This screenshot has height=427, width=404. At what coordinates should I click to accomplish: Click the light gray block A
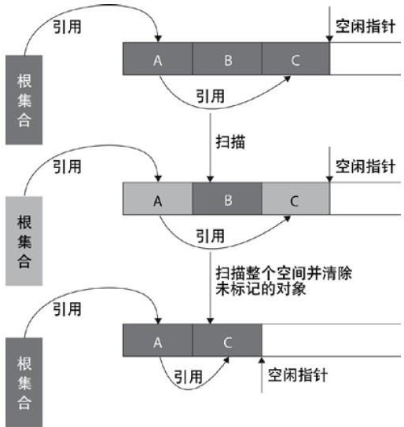coord(158,199)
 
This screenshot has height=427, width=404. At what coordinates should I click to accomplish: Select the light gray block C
coord(296,199)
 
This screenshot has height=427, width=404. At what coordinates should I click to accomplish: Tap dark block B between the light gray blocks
coord(227,199)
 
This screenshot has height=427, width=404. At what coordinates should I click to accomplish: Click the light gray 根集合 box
coord(24,241)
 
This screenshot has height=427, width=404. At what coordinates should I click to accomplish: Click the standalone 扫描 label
coord(230,142)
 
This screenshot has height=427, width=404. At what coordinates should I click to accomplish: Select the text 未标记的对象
coord(261,289)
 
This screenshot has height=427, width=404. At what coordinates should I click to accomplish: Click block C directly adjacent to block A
coord(227,340)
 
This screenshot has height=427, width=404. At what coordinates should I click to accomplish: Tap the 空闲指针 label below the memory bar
coord(298,375)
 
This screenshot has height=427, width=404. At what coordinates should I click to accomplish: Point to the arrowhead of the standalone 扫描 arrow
coord(210,179)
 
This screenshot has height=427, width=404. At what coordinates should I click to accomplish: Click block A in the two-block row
coord(158,340)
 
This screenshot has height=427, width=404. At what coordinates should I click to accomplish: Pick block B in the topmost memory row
coord(227,59)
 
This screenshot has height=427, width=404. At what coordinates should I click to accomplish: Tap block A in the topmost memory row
coord(158,59)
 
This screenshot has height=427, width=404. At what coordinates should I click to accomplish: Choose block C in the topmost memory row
coord(296,59)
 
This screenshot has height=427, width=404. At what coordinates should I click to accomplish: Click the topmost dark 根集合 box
coord(24,100)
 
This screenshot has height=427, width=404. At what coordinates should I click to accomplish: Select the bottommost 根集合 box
coord(24,382)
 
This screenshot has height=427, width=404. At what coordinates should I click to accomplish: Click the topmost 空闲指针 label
coord(365,27)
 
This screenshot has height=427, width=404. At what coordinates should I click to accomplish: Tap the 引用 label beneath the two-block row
coord(188,377)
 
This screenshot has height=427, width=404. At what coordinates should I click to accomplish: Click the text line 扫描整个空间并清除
coord(284,273)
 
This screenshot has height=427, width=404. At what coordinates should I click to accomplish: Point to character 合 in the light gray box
coord(24,261)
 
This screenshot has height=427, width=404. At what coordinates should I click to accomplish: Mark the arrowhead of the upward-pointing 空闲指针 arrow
coord(262,359)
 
